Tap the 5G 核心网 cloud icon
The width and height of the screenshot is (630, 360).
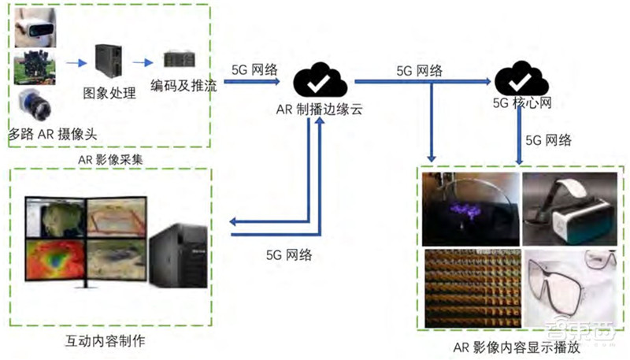coord(519,80)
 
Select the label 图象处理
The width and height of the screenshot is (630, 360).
coord(109,94)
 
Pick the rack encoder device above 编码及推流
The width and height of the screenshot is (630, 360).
coord(180,60)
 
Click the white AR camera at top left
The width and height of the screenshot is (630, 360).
coord(33,28)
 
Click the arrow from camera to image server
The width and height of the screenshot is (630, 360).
coord(76,62)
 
